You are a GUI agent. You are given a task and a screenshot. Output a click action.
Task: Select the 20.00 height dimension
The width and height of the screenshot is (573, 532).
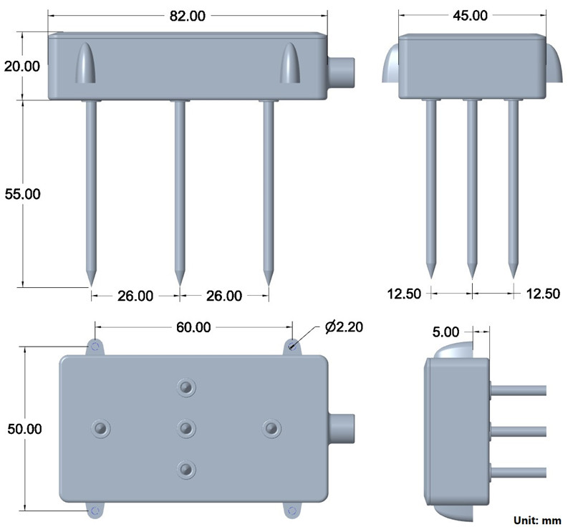(22, 66)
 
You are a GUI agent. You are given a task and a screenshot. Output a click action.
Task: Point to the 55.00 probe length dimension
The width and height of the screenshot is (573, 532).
(22, 193)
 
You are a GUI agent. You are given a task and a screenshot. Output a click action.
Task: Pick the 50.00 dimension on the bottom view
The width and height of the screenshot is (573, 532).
(21, 429)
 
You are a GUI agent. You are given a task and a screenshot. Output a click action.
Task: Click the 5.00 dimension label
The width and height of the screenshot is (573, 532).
(447, 332)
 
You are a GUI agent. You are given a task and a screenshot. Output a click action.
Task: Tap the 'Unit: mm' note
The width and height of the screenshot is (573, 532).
(536, 520)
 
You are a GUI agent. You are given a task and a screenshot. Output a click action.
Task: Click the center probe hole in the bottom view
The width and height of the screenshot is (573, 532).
(186, 428)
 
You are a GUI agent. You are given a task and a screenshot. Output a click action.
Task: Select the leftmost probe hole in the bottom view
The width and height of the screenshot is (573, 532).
(101, 428)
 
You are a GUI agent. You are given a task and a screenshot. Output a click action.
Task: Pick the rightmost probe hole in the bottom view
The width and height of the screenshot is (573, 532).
(271, 428)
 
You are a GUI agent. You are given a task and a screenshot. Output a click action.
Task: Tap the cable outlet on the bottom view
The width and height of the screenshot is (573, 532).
(342, 428)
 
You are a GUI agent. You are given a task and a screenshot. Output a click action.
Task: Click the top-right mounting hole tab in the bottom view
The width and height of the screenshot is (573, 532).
(292, 347)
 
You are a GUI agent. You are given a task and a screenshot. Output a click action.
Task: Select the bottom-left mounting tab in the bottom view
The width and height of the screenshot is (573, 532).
(95, 510)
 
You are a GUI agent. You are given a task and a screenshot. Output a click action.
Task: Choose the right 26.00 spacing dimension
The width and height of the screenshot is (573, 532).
(223, 295)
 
